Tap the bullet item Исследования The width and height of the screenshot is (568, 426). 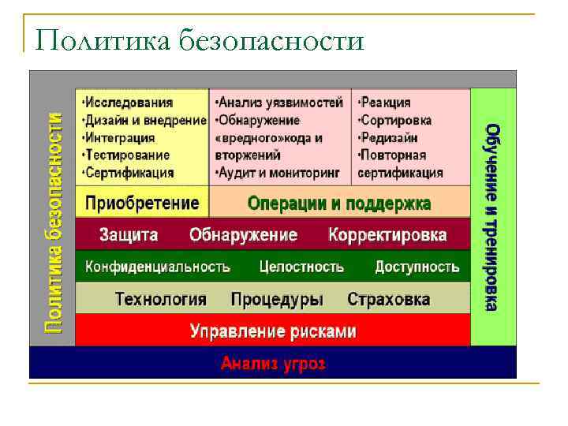[x=128, y=103]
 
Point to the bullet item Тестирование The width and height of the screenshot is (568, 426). [x=126, y=155]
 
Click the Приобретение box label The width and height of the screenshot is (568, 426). [x=142, y=203]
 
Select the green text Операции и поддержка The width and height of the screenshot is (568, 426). [x=339, y=203]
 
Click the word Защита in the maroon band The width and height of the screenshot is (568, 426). [x=129, y=235]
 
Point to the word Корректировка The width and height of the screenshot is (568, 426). [x=387, y=235]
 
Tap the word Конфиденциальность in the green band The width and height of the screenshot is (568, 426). [x=158, y=267]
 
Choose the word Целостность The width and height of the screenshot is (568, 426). [x=301, y=267]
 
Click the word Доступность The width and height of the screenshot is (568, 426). [x=417, y=267]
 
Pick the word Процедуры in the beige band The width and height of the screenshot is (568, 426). [x=277, y=300]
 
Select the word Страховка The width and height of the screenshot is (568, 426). [x=389, y=300]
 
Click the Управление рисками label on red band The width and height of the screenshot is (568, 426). [x=273, y=331]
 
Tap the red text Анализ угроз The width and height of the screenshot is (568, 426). [x=273, y=364]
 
